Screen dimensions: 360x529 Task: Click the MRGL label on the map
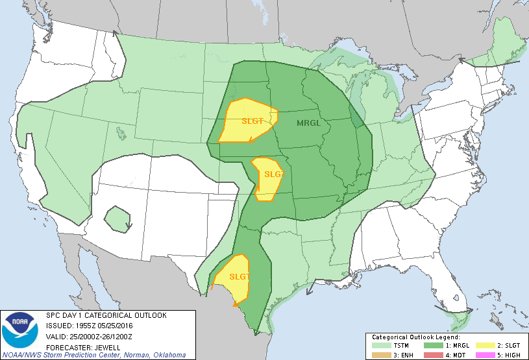(x=310, y=123)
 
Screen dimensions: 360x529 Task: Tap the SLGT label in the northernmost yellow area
(x=252, y=121)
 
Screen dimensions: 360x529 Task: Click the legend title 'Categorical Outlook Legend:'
(x=415, y=337)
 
